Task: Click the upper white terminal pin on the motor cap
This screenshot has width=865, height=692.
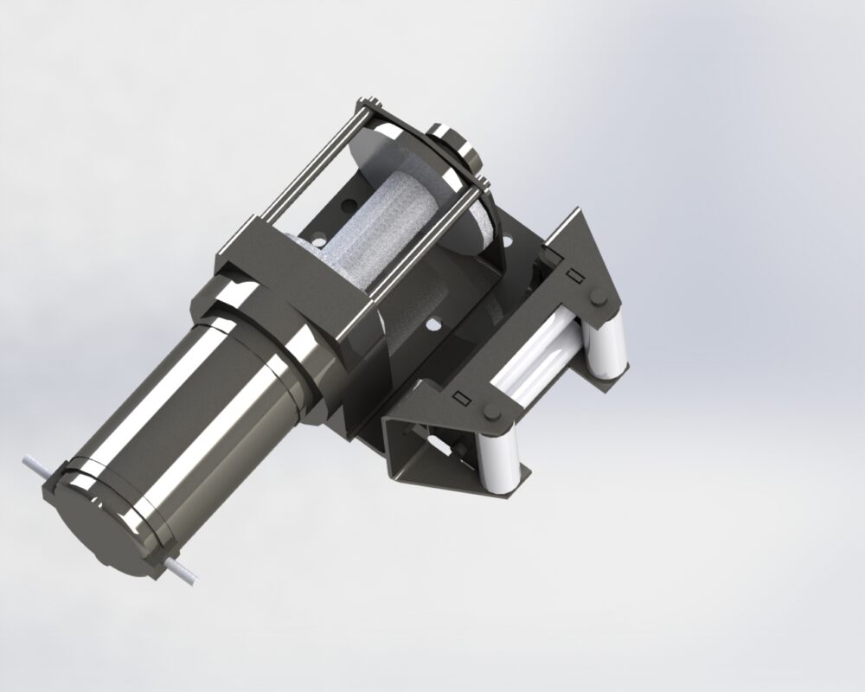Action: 33,465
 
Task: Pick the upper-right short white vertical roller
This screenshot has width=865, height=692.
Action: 605,346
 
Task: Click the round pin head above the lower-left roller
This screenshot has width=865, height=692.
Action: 491,412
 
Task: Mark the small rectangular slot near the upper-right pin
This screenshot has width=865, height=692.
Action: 572,275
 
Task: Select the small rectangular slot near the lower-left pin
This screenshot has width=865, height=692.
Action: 461,398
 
